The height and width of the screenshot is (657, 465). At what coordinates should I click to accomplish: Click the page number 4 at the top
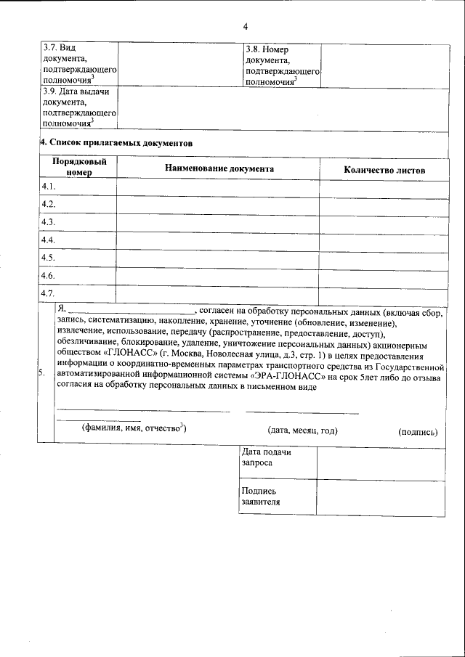coord(246,28)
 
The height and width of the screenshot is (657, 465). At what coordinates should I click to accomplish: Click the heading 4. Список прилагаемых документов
coord(117,143)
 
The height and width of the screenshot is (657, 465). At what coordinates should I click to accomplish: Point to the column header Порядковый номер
coord(79,168)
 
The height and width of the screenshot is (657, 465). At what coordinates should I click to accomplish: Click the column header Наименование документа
coord(219,168)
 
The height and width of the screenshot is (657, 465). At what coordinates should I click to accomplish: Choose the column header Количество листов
coord(384,170)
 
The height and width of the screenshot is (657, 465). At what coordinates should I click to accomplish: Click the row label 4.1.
coord(49,187)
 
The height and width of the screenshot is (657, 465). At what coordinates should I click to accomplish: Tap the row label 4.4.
coord(49,240)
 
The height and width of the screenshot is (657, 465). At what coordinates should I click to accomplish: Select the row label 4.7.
coord(49,293)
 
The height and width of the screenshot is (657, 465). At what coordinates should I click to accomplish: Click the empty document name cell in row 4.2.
coord(218,205)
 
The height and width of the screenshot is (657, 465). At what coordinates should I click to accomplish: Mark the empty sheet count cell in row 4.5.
coord(384,258)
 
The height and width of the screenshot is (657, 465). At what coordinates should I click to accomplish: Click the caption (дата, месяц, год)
coord(302,430)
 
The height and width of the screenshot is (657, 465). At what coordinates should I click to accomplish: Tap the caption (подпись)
coord(418,431)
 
